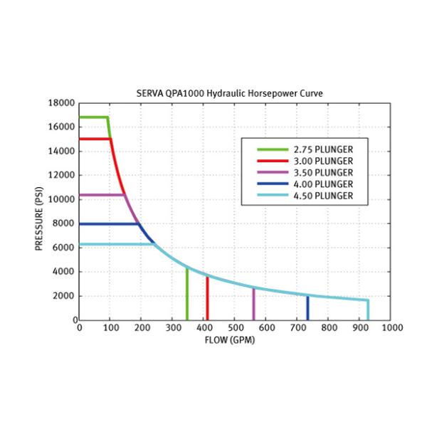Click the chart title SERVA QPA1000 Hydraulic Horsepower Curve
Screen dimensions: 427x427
coord(234,93)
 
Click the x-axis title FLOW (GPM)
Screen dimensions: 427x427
coord(234,339)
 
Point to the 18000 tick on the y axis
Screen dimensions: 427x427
coord(62,103)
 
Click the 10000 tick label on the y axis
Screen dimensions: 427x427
coord(62,199)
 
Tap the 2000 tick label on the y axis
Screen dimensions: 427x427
coord(64,296)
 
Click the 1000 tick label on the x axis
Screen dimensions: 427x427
coord(391,328)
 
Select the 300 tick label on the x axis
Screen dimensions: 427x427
coord(172,328)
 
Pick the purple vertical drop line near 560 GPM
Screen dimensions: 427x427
coord(253,305)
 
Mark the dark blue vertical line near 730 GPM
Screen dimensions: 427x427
coord(307,308)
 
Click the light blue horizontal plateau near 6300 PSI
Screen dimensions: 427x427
coord(114,244)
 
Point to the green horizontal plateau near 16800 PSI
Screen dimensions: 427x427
coord(93,117)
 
